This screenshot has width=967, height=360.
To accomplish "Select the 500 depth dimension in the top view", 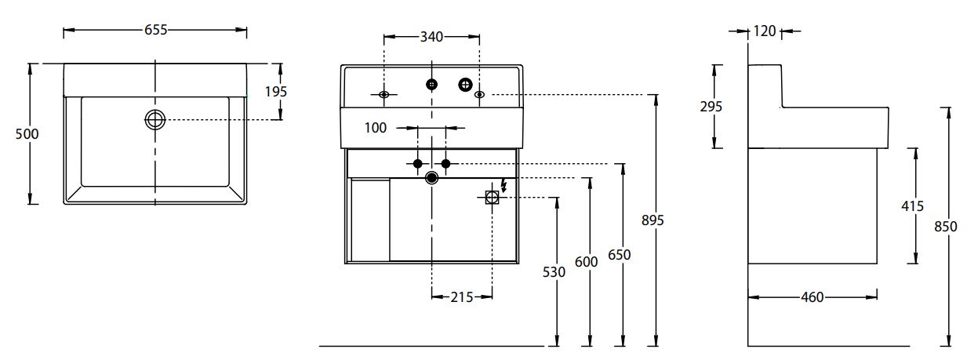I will (x=27, y=134).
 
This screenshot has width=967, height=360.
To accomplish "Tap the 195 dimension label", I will (x=275, y=92).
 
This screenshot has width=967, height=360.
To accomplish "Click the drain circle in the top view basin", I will (x=155, y=119).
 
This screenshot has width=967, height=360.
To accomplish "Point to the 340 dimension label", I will (x=431, y=36).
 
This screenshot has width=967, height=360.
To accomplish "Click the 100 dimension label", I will (x=376, y=127).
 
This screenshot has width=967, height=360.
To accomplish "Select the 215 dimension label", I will (x=462, y=296).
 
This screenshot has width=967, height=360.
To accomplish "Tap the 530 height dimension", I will (x=554, y=272).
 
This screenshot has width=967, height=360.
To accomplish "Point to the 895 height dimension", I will (x=653, y=220).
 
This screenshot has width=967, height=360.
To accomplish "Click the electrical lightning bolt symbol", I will (x=503, y=186).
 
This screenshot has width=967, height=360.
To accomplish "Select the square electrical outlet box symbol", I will (x=492, y=198).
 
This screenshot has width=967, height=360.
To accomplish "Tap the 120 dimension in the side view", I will (x=764, y=31).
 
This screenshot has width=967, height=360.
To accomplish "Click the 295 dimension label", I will (x=711, y=107).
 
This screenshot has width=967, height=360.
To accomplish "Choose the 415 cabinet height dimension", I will (x=913, y=206).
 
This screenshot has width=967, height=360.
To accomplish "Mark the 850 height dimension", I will (x=946, y=227).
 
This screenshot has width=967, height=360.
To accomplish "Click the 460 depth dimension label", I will (x=812, y=297).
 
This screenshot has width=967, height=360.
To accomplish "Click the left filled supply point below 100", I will (x=417, y=163).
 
